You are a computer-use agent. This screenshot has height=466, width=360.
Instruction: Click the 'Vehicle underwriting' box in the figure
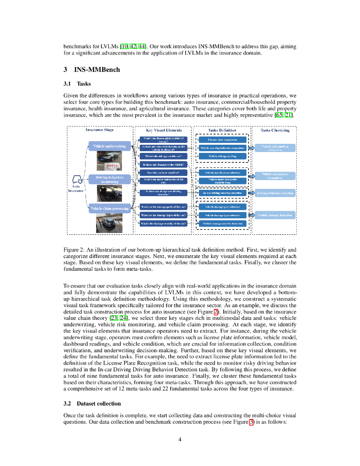click(x=110, y=146)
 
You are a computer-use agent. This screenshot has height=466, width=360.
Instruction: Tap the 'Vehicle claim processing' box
click(x=110, y=208)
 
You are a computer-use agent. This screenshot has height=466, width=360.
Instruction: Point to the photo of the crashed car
click(x=106, y=223)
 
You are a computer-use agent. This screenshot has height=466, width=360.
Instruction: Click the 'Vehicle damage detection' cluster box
click(x=275, y=215)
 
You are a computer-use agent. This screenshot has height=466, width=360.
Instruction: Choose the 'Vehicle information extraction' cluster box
click(x=275, y=148)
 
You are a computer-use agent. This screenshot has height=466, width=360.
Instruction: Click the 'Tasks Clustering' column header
click(x=275, y=130)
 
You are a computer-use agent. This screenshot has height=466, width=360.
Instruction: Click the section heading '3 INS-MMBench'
click(x=91, y=69)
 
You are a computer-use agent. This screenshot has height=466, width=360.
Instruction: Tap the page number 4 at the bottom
click(x=180, y=439)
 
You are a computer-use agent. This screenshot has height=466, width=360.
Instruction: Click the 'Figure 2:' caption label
click(x=74, y=250)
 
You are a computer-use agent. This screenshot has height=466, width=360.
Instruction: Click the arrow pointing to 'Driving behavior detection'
click(x=251, y=193)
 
